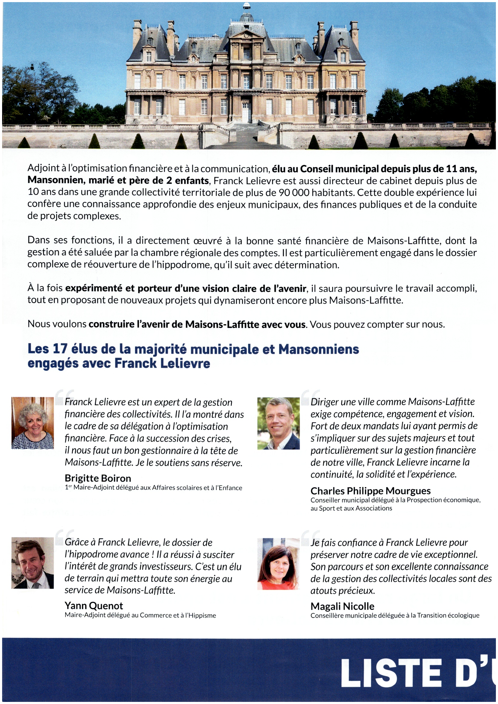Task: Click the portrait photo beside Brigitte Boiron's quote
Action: [x=33, y=423]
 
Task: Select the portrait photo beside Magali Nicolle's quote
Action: [x=278, y=564]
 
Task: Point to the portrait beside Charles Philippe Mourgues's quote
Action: [x=278, y=423]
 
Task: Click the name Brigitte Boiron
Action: [x=98, y=478]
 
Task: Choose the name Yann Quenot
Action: [x=94, y=606]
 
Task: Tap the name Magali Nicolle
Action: [x=342, y=606]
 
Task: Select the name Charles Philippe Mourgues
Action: [x=370, y=491]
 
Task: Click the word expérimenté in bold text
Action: [x=94, y=289]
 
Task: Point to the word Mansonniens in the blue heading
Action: [x=318, y=350]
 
